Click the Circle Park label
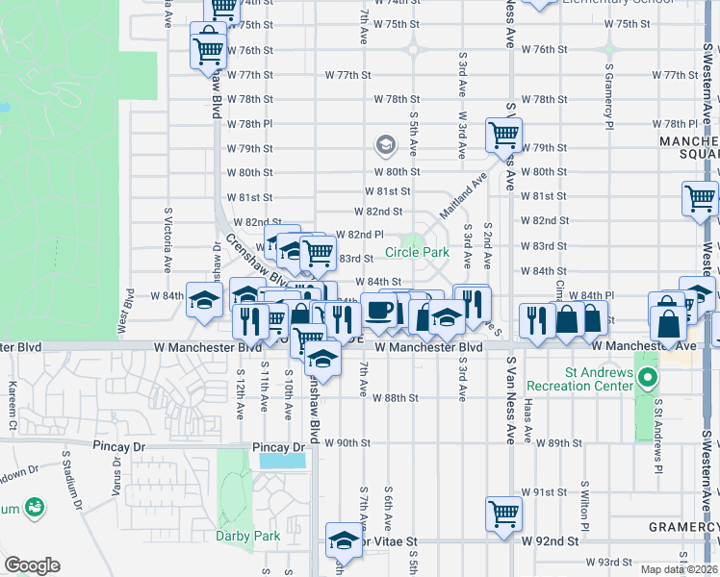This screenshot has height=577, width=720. point(418,253)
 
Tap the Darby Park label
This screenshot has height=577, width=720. point(247,536)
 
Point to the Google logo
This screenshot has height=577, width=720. point(32,565)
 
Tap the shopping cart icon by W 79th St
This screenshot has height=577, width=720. point(504,136)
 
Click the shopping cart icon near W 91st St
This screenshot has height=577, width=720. point(503,514)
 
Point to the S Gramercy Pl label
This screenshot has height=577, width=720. point(609,100)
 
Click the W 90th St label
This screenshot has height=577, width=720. point(347,443)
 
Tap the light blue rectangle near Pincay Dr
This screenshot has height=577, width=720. point(283,460)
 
